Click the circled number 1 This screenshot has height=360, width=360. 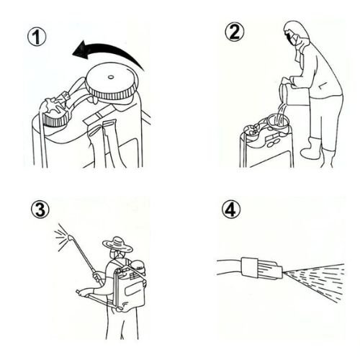click(37, 37)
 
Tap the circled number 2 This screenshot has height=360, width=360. click(235, 32)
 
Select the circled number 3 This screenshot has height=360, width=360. click(40, 209)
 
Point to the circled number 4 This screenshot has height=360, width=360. click(231, 209)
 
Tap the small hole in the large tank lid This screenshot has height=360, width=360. click(111, 77)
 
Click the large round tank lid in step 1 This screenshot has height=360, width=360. click(112, 81)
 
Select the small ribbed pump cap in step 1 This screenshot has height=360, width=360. click(56, 113)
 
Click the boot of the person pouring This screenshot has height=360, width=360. click(312, 148)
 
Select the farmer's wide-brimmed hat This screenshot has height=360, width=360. click(117, 245)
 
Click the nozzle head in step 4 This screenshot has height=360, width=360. click(261, 269)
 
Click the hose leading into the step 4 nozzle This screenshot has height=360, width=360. click(229, 267)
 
